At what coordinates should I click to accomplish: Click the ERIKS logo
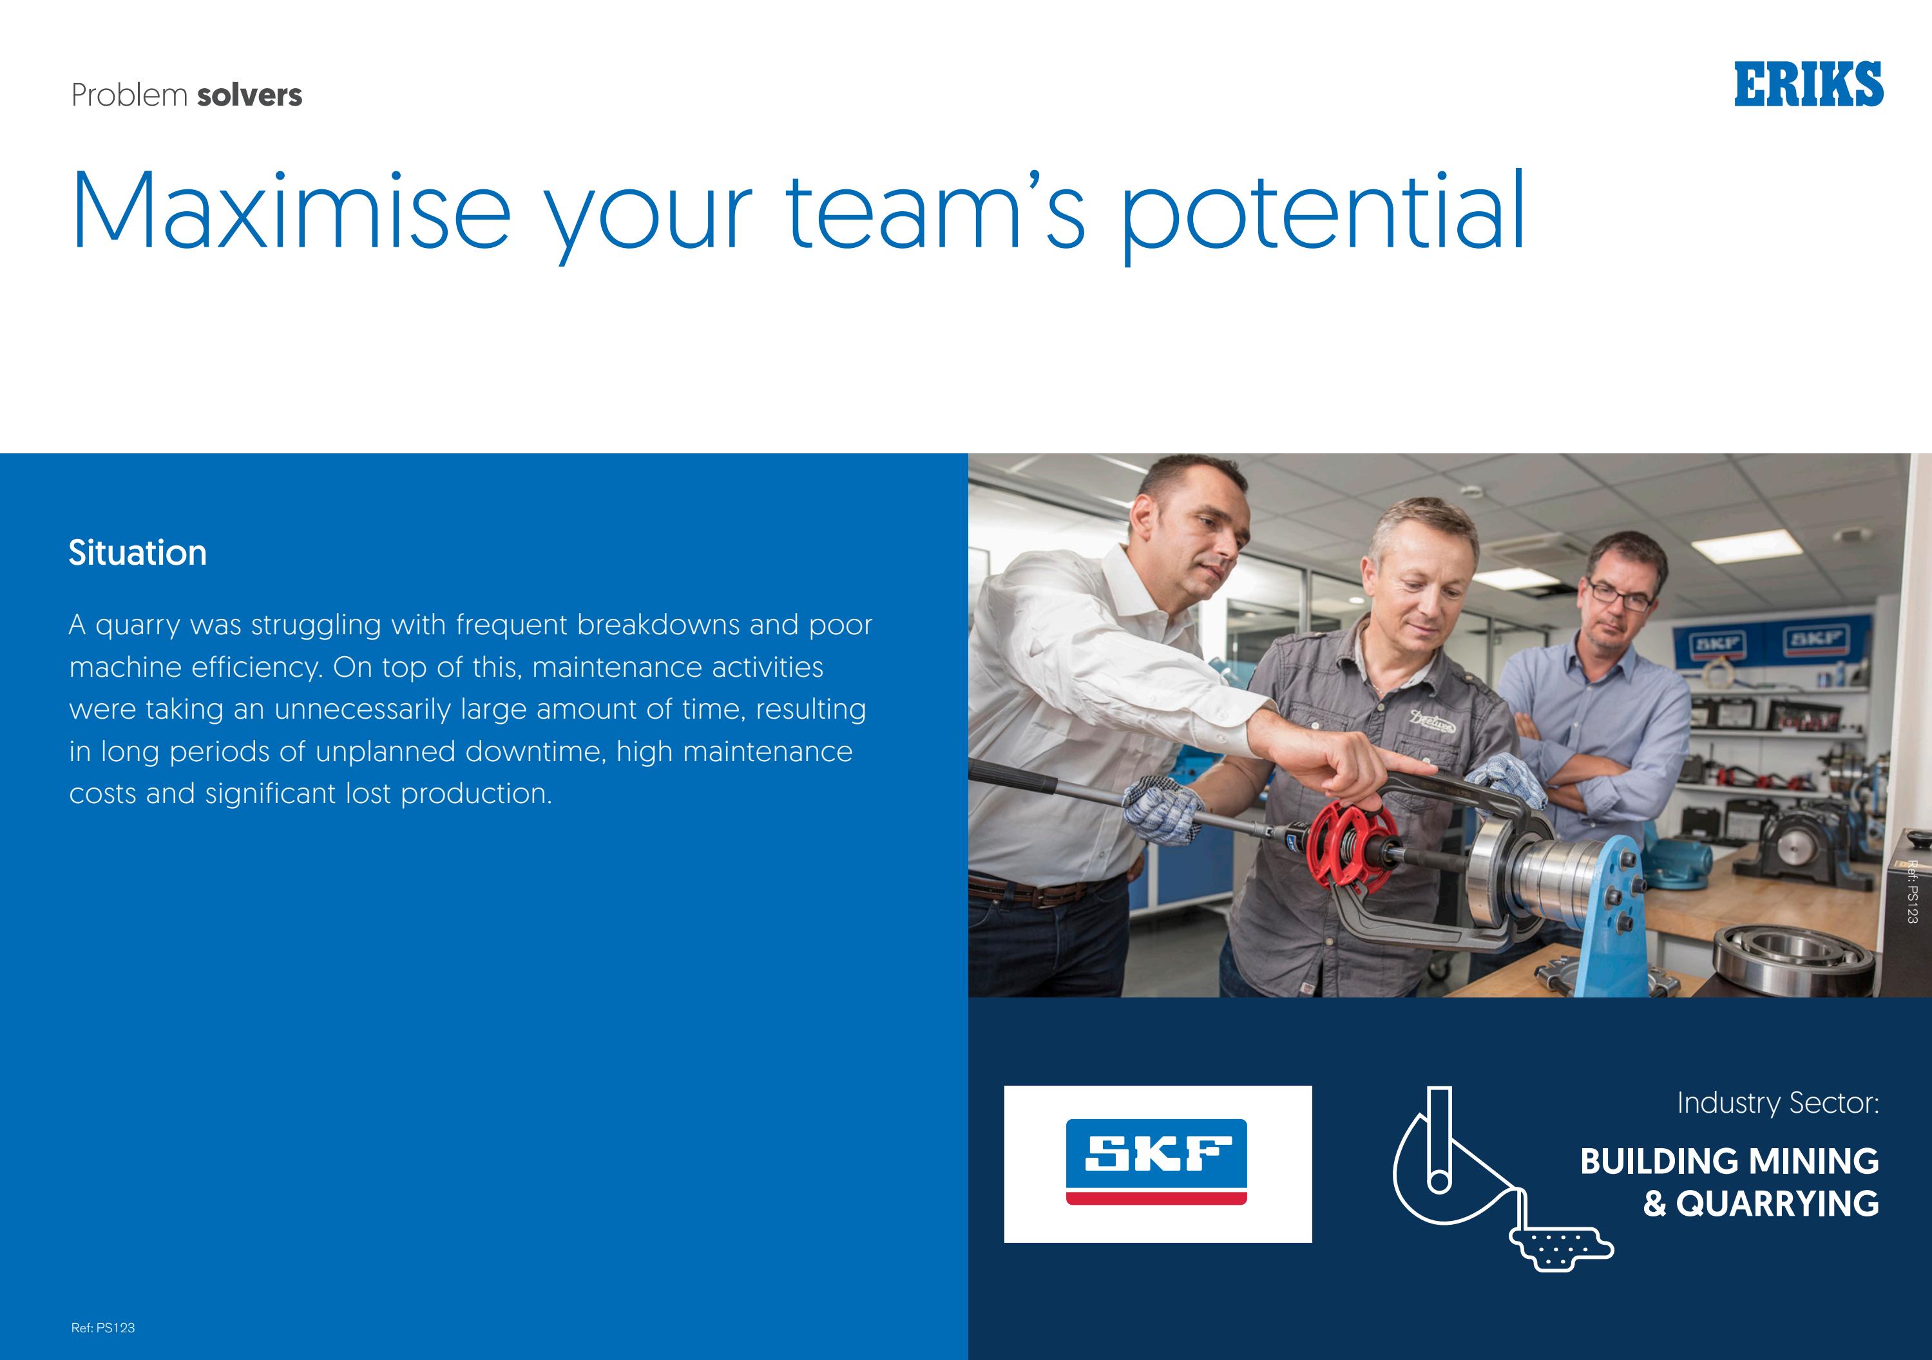click(1808, 84)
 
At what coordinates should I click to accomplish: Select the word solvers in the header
click(249, 95)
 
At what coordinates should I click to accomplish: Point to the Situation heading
click(137, 552)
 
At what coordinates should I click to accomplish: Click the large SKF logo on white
click(1157, 1163)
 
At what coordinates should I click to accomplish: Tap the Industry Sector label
click(1777, 1102)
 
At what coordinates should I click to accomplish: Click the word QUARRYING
click(1777, 1204)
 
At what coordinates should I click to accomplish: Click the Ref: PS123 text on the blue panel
click(102, 1327)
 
